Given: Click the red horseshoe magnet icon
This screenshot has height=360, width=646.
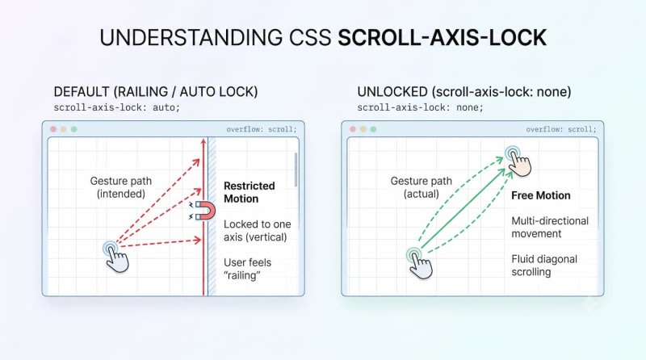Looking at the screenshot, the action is click(x=205, y=211).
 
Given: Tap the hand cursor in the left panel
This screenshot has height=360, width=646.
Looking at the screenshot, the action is click(x=116, y=257).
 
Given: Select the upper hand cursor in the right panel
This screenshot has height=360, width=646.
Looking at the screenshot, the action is click(x=518, y=161).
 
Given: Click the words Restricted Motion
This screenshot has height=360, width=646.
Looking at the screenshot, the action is click(x=249, y=192).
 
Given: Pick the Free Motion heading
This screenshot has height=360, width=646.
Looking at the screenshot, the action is click(x=540, y=195).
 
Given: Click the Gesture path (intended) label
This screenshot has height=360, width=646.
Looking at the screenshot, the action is click(x=120, y=187).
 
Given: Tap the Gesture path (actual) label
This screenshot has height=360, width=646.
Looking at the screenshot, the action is click(x=421, y=187).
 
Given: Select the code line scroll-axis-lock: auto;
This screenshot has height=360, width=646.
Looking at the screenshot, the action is click(x=116, y=108).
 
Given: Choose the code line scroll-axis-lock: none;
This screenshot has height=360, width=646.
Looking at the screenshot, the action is click(x=420, y=108).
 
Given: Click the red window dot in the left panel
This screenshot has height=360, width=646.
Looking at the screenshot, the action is click(x=53, y=129).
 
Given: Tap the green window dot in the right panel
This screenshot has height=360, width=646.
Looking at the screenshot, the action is click(x=373, y=129).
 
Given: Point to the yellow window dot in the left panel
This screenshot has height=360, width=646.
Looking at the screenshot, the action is click(x=64, y=129).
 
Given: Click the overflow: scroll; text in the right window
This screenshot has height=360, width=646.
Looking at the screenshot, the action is click(x=560, y=129).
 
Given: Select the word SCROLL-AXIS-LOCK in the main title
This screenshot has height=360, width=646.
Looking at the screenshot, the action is click(x=442, y=37).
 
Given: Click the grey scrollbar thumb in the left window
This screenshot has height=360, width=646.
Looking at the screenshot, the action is click(x=296, y=170).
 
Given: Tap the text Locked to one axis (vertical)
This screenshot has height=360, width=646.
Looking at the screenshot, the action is click(x=257, y=231).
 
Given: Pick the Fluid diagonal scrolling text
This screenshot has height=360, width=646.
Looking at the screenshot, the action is click(x=543, y=266).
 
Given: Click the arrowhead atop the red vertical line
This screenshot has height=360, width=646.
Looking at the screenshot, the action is click(x=203, y=142).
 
